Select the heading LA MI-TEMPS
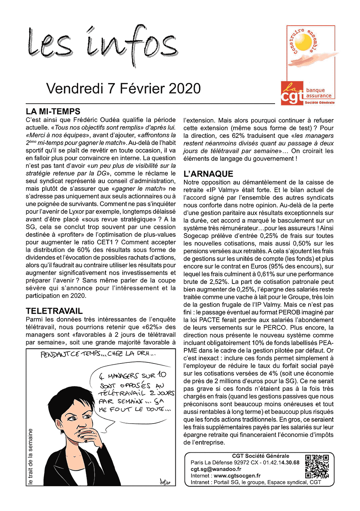[53, 111]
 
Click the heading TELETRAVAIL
[54, 311]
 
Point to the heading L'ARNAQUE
[208, 174]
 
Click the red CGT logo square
[292, 93]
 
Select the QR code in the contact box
[317, 466]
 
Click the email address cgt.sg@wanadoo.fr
[216, 469]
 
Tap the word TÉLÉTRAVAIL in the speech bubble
[122, 394]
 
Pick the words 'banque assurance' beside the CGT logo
[318, 93]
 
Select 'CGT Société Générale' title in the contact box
[260, 456]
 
